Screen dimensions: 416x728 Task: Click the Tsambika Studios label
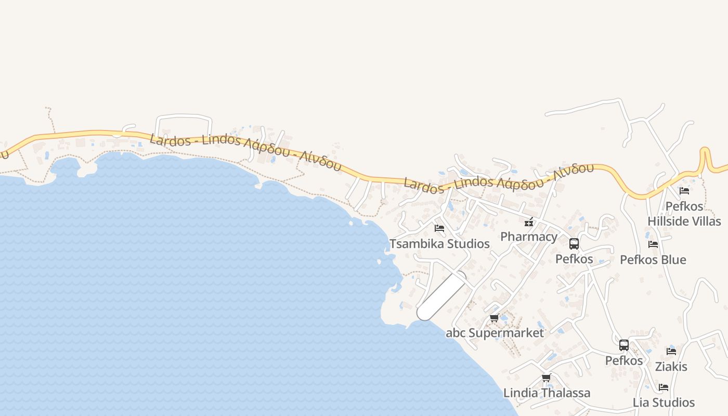[x=439, y=244]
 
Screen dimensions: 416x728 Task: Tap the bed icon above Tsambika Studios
[x=439, y=228]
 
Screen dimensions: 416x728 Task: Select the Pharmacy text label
[x=529, y=237]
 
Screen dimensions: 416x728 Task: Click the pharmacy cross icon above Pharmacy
[x=529, y=223]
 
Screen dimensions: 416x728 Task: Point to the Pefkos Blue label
[x=653, y=259]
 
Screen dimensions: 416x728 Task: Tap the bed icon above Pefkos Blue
[x=653, y=244]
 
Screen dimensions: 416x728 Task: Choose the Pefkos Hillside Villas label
[x=684, y=214]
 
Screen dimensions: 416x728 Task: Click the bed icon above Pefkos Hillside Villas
[x=684, y=190]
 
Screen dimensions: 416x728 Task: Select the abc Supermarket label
[x=495, y=333]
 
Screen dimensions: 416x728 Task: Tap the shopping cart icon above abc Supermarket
[x=494, y=318]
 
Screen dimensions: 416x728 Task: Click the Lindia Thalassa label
[x=547, y=393]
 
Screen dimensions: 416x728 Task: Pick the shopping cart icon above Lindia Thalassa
[x=546, y=378]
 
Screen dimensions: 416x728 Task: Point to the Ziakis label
[x=671, y=367]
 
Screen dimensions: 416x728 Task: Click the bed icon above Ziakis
[x=671, y=351]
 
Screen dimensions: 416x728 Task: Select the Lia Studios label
[x=664, y=402]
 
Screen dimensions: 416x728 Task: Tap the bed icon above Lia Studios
[x=664, y=387]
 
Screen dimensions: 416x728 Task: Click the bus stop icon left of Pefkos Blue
[x=574, y=244]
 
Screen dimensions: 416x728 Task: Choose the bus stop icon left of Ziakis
[x=624, y=345]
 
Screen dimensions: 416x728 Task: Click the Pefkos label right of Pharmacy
[x=574, y=259]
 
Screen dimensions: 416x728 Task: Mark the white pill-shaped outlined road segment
[x=441, y=296]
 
